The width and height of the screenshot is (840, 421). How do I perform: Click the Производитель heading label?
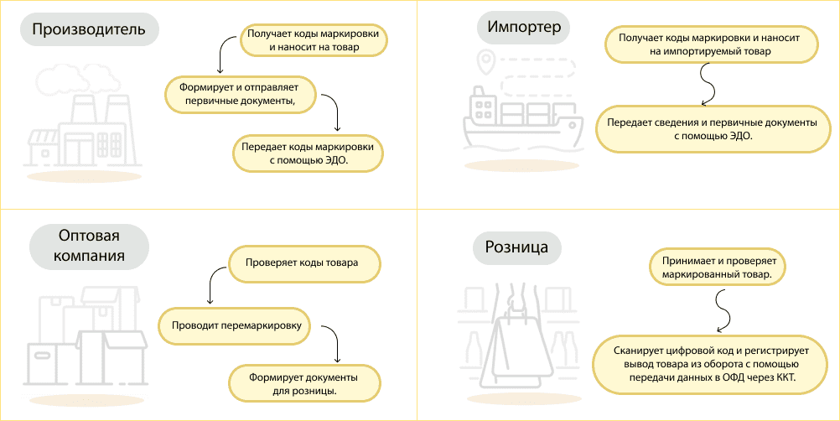pos(89,31)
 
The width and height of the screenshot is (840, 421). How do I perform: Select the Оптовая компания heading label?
pos(90,246)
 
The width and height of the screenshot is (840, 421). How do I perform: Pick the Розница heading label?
pos(516,247)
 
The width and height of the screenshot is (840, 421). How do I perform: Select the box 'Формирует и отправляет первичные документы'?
pos(239,94)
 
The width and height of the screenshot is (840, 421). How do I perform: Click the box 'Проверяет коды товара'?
pos(302,263)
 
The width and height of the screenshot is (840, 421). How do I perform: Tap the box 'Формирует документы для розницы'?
pos(304,383)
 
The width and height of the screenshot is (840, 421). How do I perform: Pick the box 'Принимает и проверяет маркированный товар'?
pos(717,266)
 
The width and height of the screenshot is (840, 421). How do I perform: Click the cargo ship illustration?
pos(520,122)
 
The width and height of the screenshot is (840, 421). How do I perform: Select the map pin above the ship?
pos(485,60)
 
